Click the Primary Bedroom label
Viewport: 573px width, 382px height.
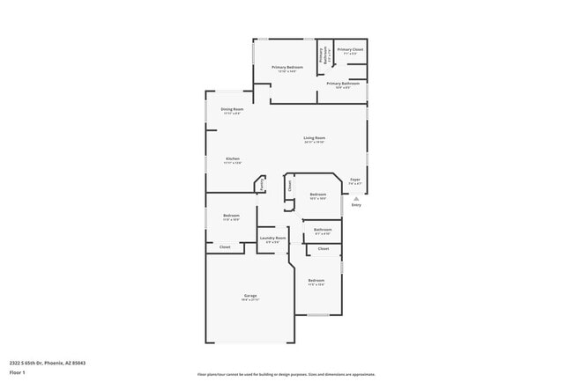288,68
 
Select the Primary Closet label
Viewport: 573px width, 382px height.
350,50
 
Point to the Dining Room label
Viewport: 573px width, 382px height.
232,109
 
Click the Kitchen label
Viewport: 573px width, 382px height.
232,159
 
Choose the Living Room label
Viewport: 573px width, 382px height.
315,137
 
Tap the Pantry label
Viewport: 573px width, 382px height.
262,185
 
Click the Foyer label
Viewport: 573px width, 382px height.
354,180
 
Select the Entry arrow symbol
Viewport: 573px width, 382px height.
356,198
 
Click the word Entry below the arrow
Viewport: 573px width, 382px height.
356,205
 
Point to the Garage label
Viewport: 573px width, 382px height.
250,296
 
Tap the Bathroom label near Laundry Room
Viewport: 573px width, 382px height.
323,230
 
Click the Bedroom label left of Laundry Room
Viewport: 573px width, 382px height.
232,216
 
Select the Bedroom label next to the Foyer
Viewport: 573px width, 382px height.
317,195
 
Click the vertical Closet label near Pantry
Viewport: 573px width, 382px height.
289,186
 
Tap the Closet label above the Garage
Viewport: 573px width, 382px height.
226,247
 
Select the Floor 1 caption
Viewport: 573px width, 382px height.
18,372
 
